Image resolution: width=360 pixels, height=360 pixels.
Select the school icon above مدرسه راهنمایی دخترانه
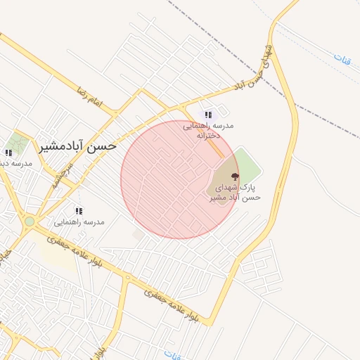[207, 115]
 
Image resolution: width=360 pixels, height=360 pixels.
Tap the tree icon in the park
[234, 176]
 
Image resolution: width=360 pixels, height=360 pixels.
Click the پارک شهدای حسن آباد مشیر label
[235, 193]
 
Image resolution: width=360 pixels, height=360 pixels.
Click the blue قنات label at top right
[342, 58]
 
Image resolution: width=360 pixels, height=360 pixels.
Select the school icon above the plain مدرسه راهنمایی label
[79, 210]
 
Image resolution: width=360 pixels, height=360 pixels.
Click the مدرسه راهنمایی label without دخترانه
[79, 222]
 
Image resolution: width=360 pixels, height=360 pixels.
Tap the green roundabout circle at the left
[30, 221]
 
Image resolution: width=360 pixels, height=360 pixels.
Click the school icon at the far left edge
[8, 153]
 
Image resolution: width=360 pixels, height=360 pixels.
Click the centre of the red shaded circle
[180, 179]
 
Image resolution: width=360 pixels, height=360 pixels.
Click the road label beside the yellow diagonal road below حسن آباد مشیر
[62, 173]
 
